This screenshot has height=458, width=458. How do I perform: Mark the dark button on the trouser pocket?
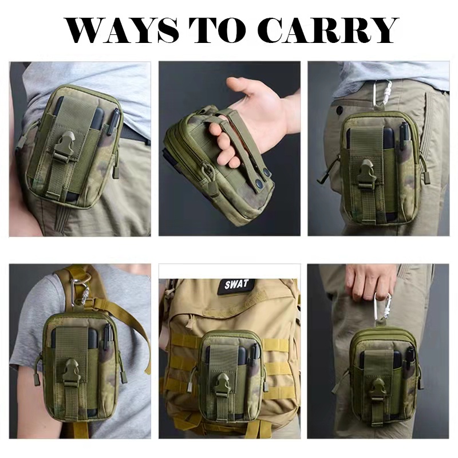[339, 109]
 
